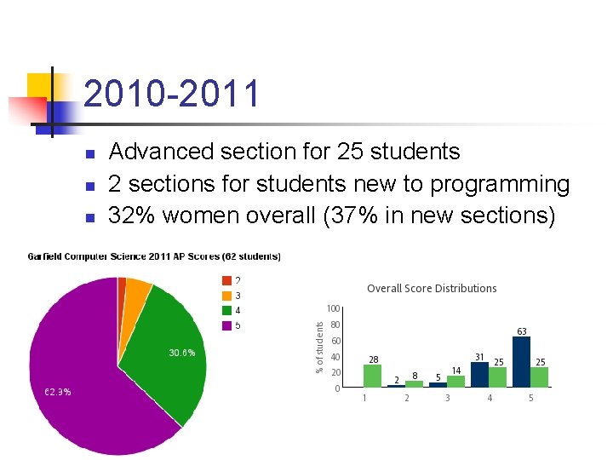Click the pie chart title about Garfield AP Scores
point(154,256)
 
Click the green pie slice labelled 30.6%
point(170,358)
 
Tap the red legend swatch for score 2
point(226,280)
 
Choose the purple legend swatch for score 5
point(226,325)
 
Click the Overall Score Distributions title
point(432,289)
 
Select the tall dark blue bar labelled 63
point(521,362)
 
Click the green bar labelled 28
point(372,376)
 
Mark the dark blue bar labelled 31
point(479,375)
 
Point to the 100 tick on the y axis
point(333,308)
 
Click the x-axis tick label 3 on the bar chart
point(447,398)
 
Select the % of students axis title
point(320,347)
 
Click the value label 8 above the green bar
point(414,375)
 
